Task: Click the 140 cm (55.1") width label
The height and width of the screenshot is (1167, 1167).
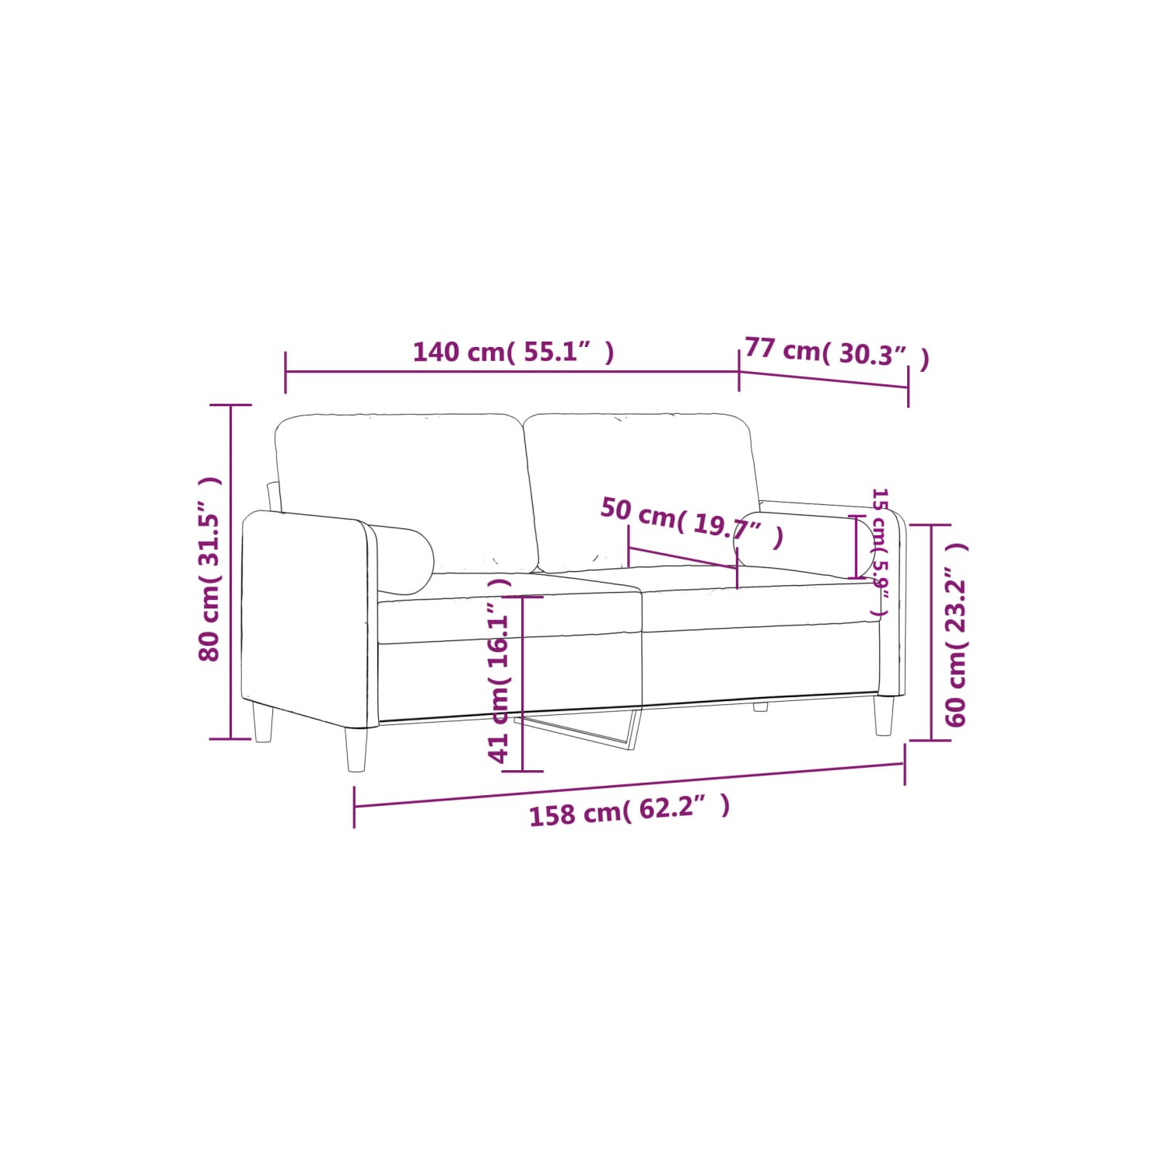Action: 513,352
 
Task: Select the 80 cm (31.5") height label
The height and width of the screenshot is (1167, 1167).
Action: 210,569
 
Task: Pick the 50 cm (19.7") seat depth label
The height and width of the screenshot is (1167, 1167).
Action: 692,522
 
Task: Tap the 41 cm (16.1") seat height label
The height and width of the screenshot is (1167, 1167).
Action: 499,670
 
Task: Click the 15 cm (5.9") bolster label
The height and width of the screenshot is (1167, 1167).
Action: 880,552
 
